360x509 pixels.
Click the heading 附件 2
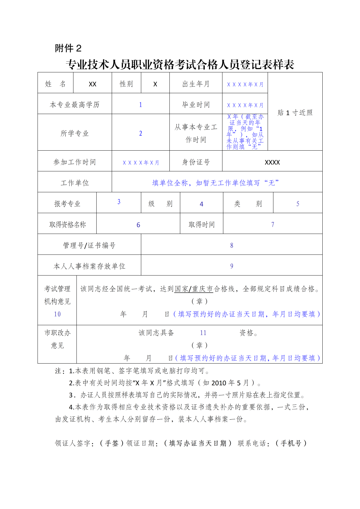click(68, 48)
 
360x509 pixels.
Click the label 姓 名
click(55, 84)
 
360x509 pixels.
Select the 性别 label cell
click(126, 84)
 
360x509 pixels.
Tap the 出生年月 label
click(196, 84)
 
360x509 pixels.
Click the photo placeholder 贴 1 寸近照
click(295, 113)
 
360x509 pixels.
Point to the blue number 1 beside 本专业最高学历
click(141, 105)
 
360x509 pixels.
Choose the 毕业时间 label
click(196, 105)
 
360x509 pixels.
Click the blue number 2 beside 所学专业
click(141, 133)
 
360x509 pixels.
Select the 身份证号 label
click(196, 162)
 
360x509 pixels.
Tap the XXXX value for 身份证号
click(272, 162)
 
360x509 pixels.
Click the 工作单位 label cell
click(75, 183)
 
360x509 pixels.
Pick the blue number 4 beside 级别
click(201, 204)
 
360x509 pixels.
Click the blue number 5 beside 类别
click(298, 204)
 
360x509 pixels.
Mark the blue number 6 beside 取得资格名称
click(138, 225)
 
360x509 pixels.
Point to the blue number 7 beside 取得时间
click(273, 225)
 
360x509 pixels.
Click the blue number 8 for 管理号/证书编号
click(232, 245)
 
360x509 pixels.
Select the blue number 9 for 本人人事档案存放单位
click(232, 266)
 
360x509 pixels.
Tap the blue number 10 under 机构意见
click(57, 314)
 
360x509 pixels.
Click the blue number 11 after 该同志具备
click(203, 333)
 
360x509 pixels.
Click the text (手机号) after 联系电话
click(291, 443)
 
